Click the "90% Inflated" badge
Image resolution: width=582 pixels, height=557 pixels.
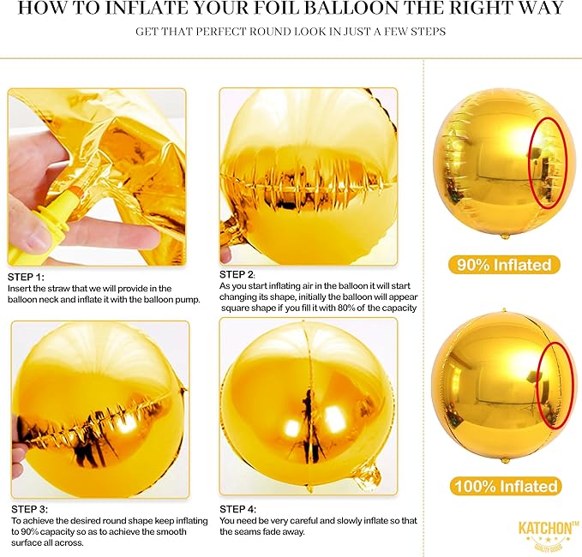click(504, 265)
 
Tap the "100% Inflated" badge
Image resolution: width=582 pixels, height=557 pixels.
click(506, 486)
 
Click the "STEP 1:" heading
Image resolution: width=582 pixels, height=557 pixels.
click(26, 277)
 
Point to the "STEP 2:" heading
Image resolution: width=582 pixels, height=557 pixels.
click(237, 274)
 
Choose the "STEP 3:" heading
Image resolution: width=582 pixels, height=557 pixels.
click(30, 509)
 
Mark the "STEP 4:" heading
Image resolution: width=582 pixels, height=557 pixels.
click(237, 509)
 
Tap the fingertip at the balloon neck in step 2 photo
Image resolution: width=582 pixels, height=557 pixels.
click(226, 255)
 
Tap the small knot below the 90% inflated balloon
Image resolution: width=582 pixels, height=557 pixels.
click(505, 236)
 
